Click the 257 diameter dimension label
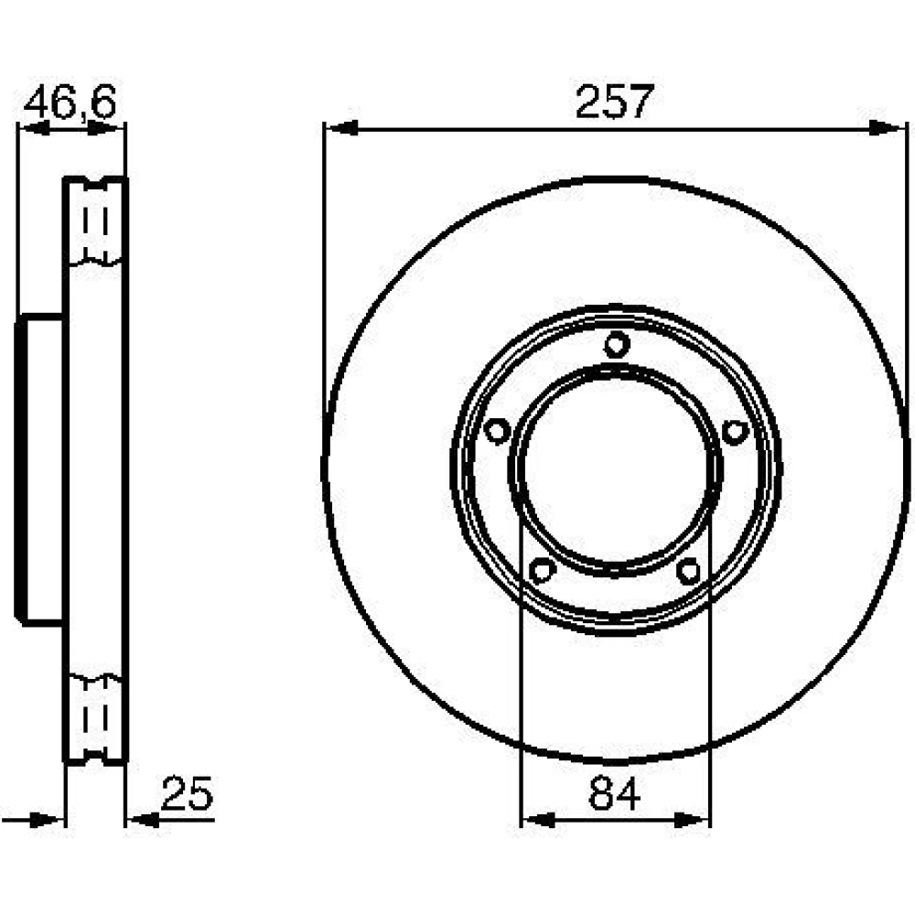(615, 102)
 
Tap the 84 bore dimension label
(615, 793)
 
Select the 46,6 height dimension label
(70, 102)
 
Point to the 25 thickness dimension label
(188, 793)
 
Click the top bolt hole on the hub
(617, 344)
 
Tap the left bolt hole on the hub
(497, 432)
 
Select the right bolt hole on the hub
(736, 432)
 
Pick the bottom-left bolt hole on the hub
(542, 569)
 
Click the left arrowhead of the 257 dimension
(341, 128)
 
